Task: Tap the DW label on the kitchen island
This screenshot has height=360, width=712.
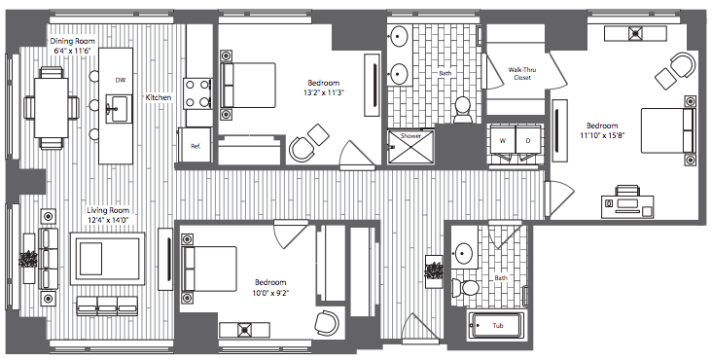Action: (x=121, y=81)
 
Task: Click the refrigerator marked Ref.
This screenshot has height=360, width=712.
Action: (x=195, y=145)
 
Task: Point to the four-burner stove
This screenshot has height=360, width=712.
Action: (x=197, y=93)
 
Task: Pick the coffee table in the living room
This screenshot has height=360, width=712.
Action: (x=108, y=259)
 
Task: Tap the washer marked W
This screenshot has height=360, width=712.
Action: (x=503, y=141)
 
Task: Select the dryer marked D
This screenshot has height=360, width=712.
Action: (x=528, y=141)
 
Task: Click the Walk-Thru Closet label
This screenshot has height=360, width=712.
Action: (x=521, y=74)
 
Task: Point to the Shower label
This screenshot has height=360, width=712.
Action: (x=410, y=136)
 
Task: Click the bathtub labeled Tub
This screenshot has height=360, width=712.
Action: (x=497, y=325)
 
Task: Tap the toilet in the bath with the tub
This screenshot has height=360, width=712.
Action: (x=465, y=287)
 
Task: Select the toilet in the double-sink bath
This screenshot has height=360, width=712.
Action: (x=463, y=109)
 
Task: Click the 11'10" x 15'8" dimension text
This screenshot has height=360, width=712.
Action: (x=602, y=135)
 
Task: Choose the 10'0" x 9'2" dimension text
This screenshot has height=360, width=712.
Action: (x=270, y=293)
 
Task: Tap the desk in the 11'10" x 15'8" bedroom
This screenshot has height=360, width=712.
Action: (x=628, y=205)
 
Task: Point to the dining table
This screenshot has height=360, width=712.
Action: (x=52, y=108)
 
